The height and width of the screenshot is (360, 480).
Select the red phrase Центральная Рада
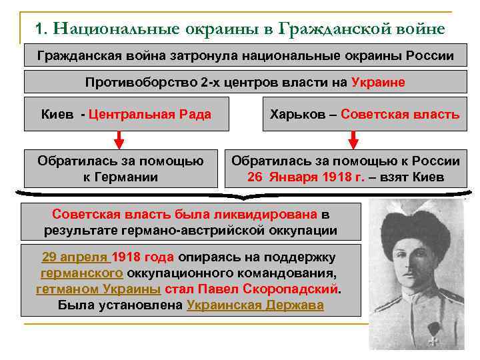coord(149,114)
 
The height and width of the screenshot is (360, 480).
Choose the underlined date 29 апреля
coord(75,257)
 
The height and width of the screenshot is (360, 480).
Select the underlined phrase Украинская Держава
coord(255,305)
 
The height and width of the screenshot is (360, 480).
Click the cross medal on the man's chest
coord(434,338)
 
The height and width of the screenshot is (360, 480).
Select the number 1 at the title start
coord(40,29)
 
